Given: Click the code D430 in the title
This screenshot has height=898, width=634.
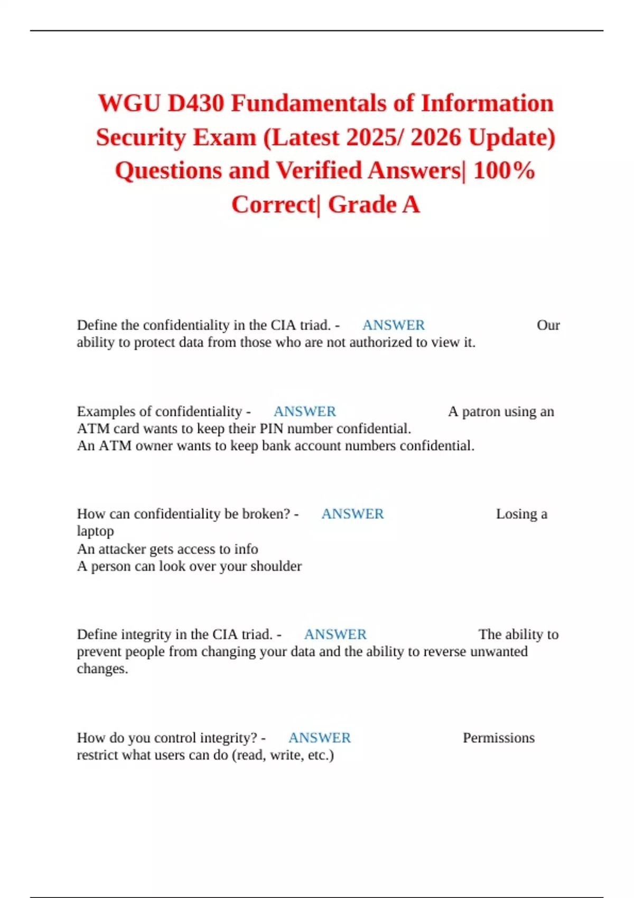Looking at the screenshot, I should click(x=195, y=103).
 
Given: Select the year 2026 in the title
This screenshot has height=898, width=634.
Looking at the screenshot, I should click(x=436, y=137).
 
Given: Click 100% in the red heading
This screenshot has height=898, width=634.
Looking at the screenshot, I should click(x=504, y=171).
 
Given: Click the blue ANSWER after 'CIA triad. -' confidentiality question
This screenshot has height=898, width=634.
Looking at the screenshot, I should click(x=393, y=325).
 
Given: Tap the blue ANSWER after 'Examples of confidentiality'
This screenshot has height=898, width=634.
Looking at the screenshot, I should click(x=304, y=411).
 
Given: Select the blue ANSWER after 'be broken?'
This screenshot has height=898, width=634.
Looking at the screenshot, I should click(x=352, y=514).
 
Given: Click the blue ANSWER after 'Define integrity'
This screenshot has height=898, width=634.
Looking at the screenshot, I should click(x=335, y=634).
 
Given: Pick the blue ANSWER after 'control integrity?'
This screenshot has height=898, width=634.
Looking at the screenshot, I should click(x=319, y=738).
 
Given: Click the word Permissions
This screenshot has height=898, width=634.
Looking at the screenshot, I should click(x=498, y=738).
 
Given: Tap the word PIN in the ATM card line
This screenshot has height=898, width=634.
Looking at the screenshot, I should click(x=271, y=428).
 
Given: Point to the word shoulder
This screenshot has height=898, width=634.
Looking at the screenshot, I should click(x=276, y=566).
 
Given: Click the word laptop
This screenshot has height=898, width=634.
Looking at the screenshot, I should click(x=95, y=531).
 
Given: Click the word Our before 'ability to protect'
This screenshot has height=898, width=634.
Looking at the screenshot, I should click(x=548, y=325).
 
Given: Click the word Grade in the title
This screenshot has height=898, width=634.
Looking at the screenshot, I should click(x=362, y=204).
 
